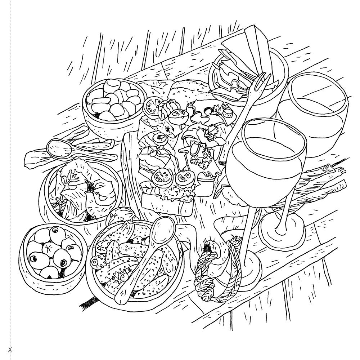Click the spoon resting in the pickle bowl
(151, 252)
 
